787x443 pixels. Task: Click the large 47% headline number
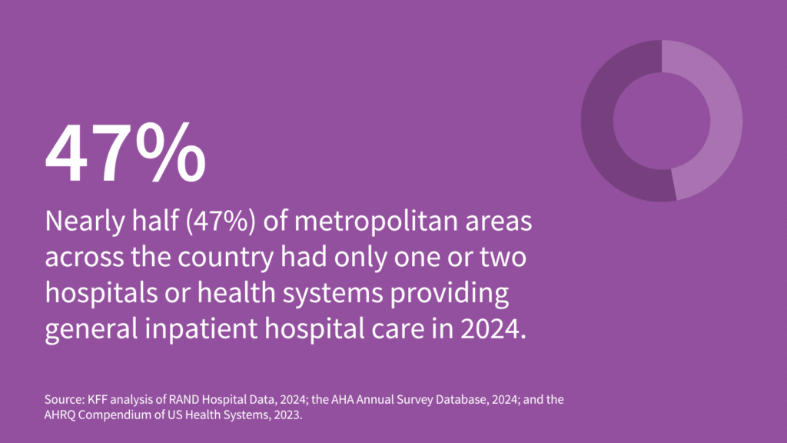tap(125, 152)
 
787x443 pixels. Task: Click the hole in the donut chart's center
tap(662, 122)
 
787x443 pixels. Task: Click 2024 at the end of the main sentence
tap(492, 330)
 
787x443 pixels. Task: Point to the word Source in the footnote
tap(61, 401)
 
